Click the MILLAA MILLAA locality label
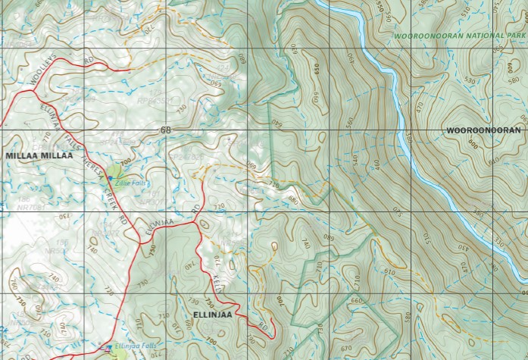coord(39,155)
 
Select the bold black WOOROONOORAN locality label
coord(483,130)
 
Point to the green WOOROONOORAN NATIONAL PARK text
coord(459,36)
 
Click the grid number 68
coord(165,130)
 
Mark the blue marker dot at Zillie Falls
coord(111,177)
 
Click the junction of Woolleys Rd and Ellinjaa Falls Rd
coord(33,91)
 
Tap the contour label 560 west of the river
coord(348,121)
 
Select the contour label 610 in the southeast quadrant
coord(389,271)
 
